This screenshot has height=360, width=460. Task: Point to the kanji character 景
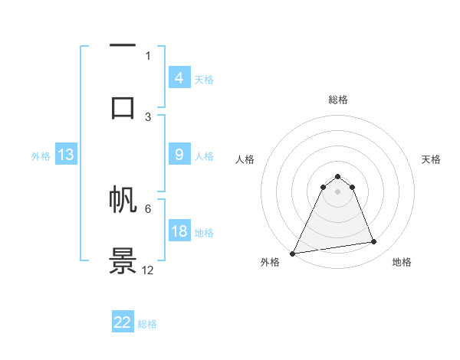[123, 260]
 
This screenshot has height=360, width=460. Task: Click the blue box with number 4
[179, 78]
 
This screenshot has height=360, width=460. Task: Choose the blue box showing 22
[123, 322]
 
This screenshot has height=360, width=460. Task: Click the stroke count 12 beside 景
[148, 270]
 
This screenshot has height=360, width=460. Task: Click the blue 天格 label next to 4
[204, 79]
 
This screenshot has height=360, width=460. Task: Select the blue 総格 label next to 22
[147, 323]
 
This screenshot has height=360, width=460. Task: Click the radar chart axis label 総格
[337, 100]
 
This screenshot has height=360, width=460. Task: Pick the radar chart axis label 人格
[245, 159]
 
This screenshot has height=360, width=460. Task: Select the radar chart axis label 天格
[431, 159]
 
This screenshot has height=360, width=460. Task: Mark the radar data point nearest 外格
[293, 253]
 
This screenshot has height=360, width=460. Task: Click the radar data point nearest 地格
[374, 242]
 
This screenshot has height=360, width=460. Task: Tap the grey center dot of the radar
[337, 191]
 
